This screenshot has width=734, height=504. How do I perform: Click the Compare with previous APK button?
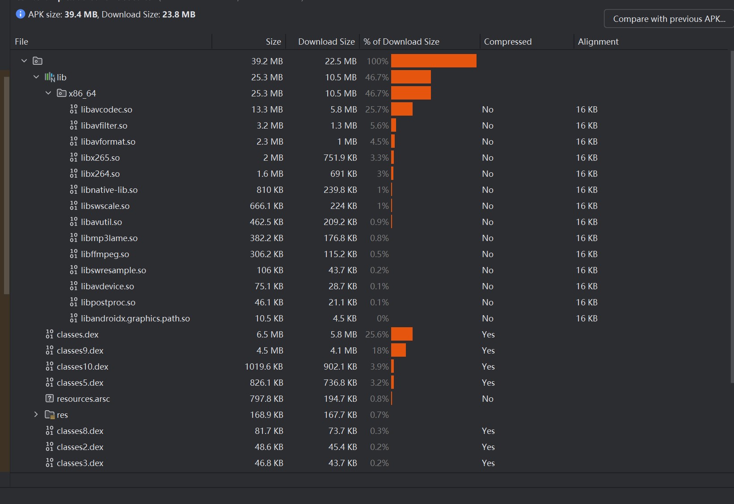[669, 19]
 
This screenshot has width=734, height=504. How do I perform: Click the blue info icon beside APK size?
[21, 14]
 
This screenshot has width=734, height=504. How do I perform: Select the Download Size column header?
[326, 42]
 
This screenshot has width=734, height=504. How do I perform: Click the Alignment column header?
[598, 42]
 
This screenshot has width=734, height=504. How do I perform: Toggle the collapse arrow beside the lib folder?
[36, 77]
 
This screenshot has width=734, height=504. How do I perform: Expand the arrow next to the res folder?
[36, 415]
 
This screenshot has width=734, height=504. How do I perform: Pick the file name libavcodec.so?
[106, 109]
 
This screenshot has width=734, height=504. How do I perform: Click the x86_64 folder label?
[82, 93]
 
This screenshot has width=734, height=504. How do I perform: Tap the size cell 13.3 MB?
[267, 109]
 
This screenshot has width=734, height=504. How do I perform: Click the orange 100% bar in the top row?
[434, 61]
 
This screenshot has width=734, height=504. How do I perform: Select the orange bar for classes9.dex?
[398, 350]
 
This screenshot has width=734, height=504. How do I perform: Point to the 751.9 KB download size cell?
[340, 158]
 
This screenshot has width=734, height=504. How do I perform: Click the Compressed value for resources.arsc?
[488, 399]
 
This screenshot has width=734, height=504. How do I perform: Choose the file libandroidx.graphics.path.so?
[135, 318]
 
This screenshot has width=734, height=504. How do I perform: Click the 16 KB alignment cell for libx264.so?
[586, 174]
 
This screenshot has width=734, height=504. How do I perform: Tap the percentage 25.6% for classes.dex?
[377, 334]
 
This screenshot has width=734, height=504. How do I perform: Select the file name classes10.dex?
[82, 367]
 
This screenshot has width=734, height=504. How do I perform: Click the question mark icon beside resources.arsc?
[50, 398]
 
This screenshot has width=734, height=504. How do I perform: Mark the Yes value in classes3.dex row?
[488, 463]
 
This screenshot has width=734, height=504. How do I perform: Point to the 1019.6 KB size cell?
[264, 367]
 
